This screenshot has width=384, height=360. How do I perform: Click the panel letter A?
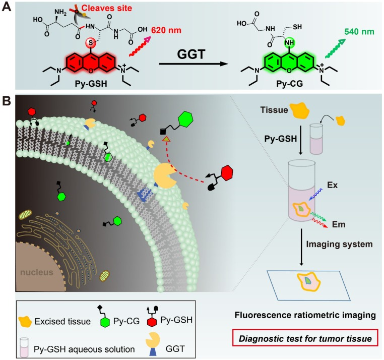8,9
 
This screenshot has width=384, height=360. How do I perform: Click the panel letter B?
8,102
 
